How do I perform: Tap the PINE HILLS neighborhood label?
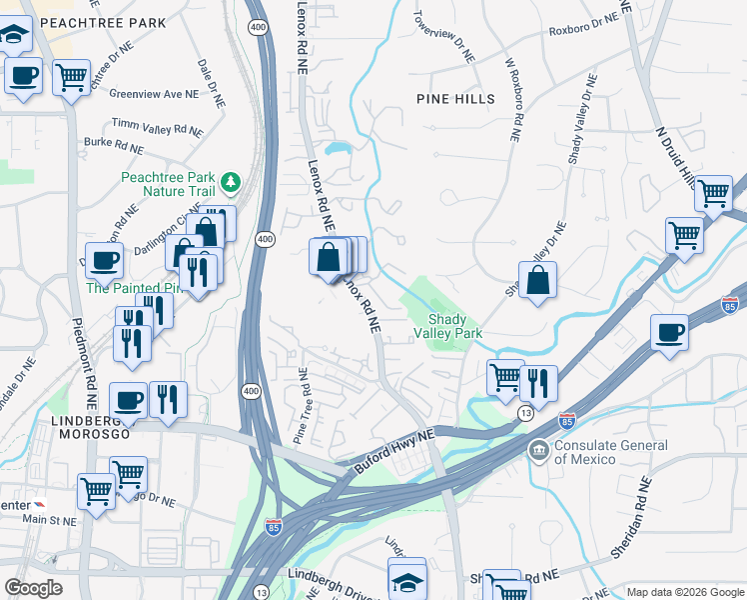point(455,99)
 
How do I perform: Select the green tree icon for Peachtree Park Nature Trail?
point(232,181)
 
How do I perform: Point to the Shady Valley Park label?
point(448,326)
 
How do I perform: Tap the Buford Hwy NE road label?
point(395,452)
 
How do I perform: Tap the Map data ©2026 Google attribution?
point(685,591)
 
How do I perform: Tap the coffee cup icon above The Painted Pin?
point(104,262)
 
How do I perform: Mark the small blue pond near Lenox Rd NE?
point(338,150)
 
